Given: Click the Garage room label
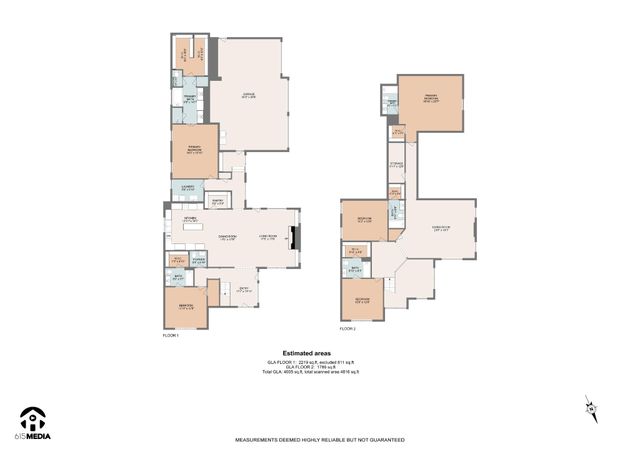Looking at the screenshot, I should [247, 96].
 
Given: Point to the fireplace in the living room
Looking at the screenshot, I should [292, 238].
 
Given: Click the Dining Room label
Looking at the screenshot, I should [227, 238].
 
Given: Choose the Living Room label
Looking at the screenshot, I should [268, 238].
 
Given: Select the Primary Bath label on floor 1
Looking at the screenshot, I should [187, 99].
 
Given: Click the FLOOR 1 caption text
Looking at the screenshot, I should [170, 335].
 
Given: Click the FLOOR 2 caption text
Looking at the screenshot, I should [347, 328].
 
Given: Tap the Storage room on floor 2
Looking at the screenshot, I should [397, 165].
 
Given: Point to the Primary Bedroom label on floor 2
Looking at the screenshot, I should [432, 99].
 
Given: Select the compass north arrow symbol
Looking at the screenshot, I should [591, 406].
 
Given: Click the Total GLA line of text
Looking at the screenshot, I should [310, 371].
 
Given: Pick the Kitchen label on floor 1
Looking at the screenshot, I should [189, 218].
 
